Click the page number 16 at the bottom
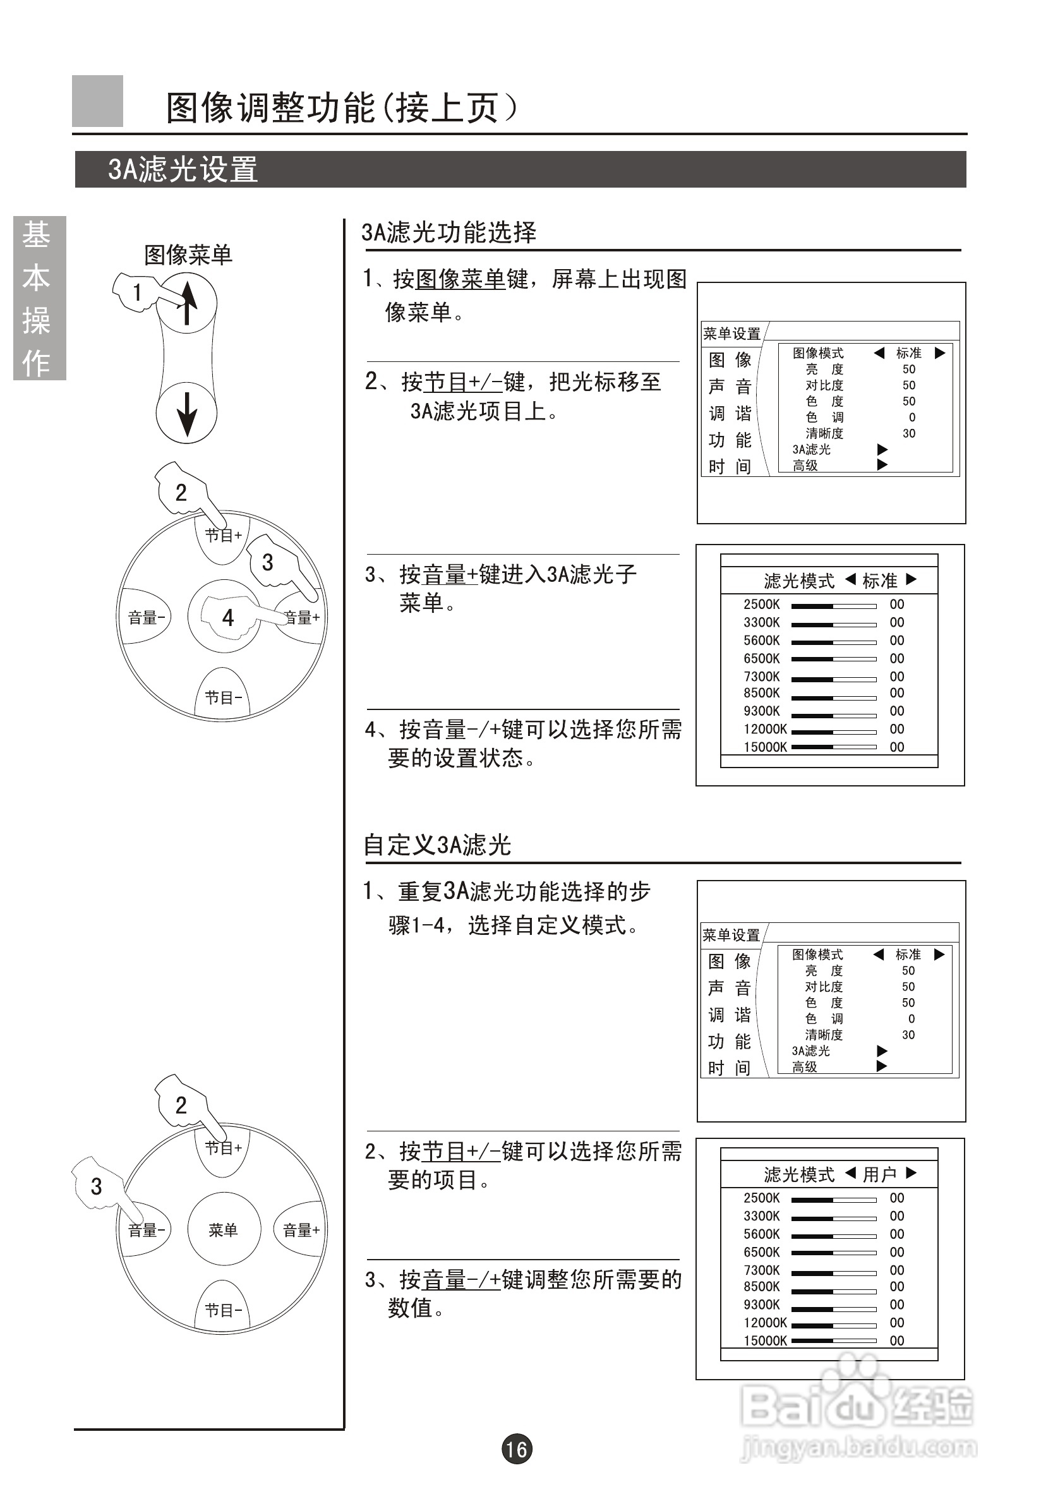(517, 1449)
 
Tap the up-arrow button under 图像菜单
(187, 303)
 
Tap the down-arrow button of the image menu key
(187, 414)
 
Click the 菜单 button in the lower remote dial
(224, 1230)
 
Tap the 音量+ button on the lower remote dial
(301, 1230)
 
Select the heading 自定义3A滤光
(437, 845)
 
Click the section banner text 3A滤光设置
(183, 169)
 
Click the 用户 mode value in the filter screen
(880, 1174)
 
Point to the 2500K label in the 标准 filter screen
(761, 605)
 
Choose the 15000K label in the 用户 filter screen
(765, 1341)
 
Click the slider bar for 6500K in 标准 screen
(833, 660)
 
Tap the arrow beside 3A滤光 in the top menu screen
(882, 449)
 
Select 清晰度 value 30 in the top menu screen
(908, 434)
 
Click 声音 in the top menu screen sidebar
(730, 387)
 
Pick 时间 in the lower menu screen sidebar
(729, 1068)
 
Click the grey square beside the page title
(97, 101)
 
